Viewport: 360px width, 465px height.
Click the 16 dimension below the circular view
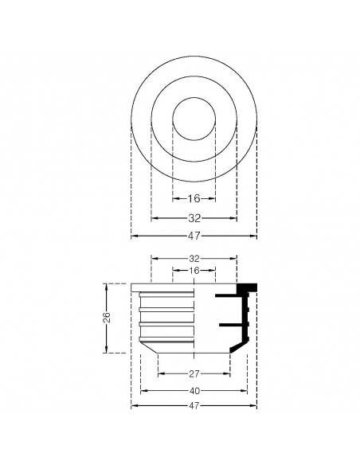[194, 199]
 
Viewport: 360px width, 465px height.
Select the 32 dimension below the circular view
[194, 217]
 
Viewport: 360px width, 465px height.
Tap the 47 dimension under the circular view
[194, 236]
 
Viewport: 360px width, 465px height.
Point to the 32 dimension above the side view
[194, 259]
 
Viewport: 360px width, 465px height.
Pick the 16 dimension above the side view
[194, 271]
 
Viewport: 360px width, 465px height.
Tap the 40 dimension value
[194, 390]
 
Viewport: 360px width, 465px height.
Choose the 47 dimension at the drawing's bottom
[194, 406]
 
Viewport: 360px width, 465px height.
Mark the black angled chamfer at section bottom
[237, 349]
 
